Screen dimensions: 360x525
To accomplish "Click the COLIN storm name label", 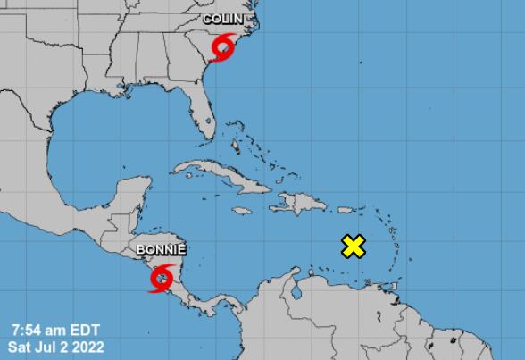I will [222, 18].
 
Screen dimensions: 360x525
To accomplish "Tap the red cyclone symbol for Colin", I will [223, 43].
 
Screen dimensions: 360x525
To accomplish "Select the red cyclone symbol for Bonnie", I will [161, 279].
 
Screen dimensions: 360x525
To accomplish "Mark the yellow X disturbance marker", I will [354, 247].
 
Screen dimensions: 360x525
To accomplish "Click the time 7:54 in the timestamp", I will [25, 326].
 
